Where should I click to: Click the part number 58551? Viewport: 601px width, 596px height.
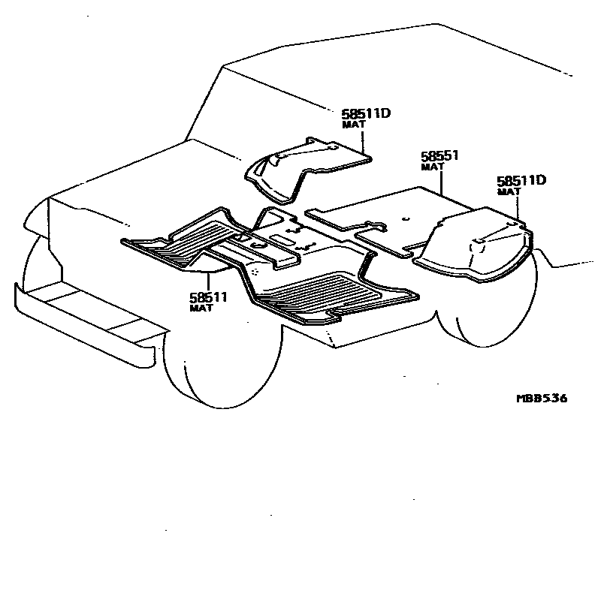coord(439,156)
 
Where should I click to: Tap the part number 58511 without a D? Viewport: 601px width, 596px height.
coord(209,297)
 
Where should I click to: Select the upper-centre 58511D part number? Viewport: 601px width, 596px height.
coord(368,114)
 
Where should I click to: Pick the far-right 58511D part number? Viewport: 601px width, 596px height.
coord(521,181)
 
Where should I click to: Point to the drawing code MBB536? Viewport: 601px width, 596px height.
coord(541,398)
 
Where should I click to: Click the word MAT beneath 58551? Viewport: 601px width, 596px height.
coord(431,167)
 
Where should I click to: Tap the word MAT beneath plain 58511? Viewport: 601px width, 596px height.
coord(200,308)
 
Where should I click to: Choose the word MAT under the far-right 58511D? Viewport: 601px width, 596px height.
coord(509,191)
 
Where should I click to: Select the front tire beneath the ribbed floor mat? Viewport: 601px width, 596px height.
coord(218,360)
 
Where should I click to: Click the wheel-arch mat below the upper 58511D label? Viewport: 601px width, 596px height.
coord(300,169)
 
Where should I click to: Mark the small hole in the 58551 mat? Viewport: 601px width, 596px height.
coord(404,219)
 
